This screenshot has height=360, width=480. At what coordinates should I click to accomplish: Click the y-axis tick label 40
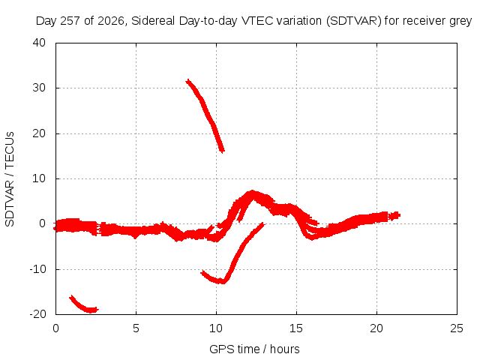[39, 43]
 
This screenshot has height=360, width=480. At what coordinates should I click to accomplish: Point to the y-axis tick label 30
[39, 88]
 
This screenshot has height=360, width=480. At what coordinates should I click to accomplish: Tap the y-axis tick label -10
[37, 269]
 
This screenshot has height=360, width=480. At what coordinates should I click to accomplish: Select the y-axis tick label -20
[37, 314]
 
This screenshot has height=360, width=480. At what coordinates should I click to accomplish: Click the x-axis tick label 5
[136, 328]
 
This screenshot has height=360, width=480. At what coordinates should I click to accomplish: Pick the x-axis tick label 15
[296, 328]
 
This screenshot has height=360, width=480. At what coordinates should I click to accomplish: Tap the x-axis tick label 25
[457, 328]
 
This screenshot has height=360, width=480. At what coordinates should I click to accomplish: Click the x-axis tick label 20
[376, 328]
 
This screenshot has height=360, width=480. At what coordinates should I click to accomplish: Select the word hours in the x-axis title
[285, 349]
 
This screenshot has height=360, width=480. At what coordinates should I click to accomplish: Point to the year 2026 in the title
[111, 21]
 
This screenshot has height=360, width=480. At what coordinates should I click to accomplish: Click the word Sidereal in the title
[153, 21]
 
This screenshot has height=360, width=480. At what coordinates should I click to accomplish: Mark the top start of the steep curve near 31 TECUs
[187, 81]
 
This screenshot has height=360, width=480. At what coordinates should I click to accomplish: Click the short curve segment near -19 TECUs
[84, 305]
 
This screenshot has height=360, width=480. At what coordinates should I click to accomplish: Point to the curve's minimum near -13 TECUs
[222, 281]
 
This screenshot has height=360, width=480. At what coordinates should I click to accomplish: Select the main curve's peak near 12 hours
[252, 193]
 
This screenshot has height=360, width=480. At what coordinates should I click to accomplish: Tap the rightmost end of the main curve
[399, 215]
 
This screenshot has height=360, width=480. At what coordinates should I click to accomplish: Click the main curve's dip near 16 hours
[312, 237]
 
